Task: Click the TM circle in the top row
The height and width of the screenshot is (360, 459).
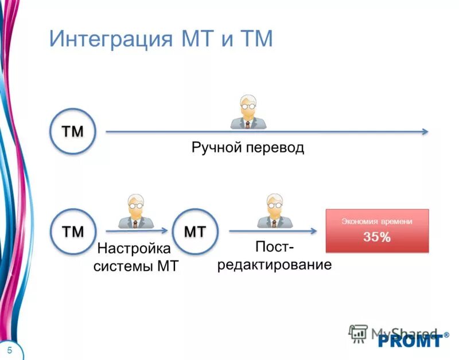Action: pos(72,132)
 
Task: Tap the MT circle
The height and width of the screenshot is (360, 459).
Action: pos(195,231)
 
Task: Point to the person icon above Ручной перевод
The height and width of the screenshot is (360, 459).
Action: pos(247,112)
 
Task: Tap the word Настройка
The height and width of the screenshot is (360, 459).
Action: pos(134,249)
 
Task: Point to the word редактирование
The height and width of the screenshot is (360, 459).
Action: pos(274,265)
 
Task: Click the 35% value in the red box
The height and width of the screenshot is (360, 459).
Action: pos(377,237)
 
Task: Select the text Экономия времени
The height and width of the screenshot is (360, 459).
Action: pos(377,221)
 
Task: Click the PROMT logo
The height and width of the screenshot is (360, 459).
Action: pos(410,340)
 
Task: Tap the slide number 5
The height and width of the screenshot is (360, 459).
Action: pos(10,350)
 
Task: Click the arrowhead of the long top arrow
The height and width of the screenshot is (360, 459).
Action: pos(425,132)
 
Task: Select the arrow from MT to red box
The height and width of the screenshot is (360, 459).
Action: pos(273,231)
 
